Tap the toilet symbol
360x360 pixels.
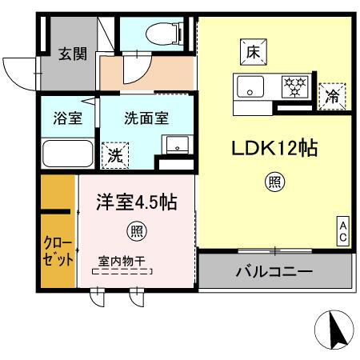pos(162,34)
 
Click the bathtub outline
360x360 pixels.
pos(67,151)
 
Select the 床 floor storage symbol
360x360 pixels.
pos(253,54)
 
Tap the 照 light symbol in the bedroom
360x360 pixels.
pos(136,233)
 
